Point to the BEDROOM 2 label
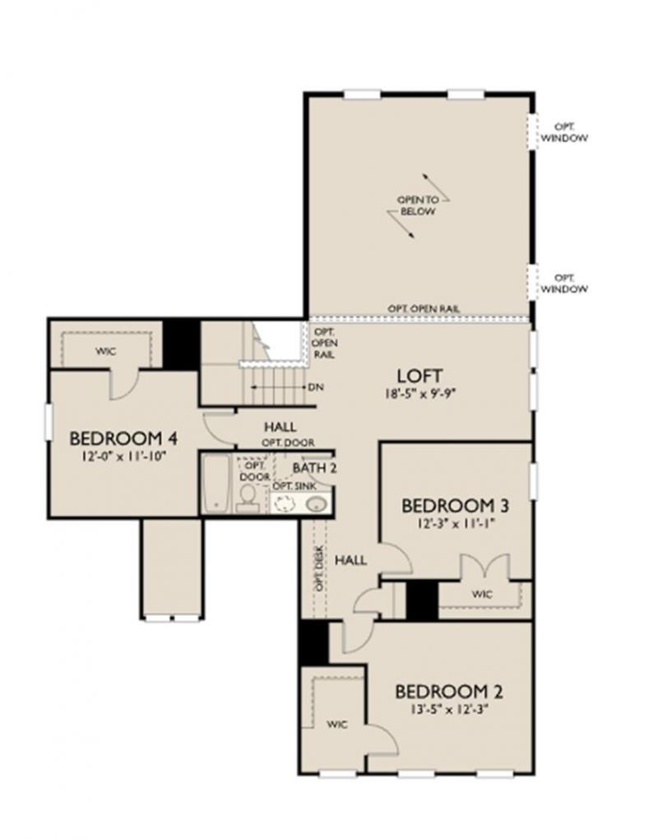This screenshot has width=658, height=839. pos(448,690)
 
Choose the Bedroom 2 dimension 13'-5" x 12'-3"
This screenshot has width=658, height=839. pos(448,707)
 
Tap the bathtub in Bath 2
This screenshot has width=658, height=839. pos(216,484)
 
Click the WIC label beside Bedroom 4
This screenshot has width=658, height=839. pos(104,351)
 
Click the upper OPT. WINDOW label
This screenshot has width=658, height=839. pos(564,132)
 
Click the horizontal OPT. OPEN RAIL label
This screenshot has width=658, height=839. pos(424,308)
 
